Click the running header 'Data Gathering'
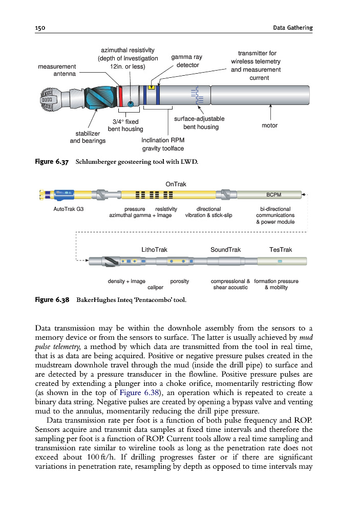[x=293, y=27]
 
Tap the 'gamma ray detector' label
[x=186, y=61]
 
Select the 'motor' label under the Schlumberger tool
[x=269, y=125]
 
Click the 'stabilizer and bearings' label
[x=87, y=137]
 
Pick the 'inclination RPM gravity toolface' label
[x=163, y=144]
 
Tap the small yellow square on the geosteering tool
[x=151, y=86]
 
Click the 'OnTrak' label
[x=176, y=184]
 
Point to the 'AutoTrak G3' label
[x=69, y=209]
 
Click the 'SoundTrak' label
[x=226, y=250]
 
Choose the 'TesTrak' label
[x=280, y=250]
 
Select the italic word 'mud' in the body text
[x=304, y=337]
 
